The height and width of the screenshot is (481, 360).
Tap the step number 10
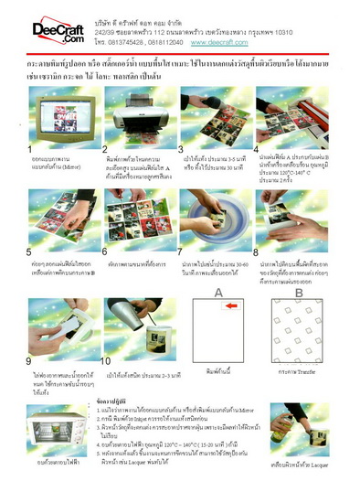(x=108, y=361)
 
